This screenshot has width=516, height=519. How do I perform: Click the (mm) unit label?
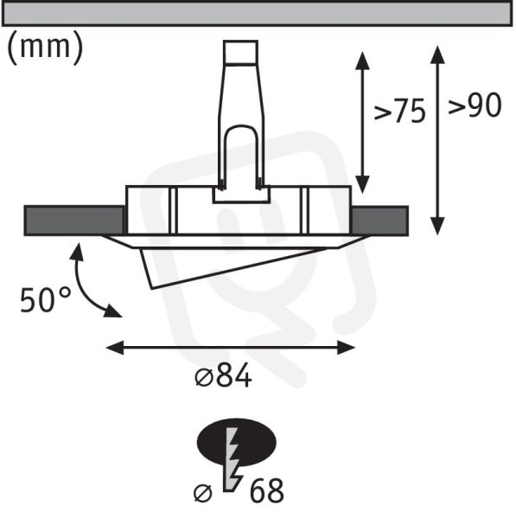point(45,48)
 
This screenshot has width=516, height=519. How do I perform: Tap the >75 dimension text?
point(399,112)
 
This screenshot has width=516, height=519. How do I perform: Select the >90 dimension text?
point(475,105)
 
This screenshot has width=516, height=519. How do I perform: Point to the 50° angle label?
point(45,299)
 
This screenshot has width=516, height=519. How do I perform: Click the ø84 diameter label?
point(223,376)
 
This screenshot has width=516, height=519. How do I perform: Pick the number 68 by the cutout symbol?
point(266,491)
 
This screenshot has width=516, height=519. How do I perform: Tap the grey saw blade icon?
point(233,460)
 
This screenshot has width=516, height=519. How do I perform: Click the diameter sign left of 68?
point(203,494)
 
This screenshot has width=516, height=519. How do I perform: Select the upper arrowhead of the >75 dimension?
point(362,61)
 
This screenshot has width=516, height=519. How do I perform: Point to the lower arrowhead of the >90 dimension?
point(437,226)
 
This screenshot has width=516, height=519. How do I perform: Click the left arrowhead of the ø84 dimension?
point(114,348)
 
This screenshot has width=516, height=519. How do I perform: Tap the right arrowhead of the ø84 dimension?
point(347,348)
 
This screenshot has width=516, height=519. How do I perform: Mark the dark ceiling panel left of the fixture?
point(74,221)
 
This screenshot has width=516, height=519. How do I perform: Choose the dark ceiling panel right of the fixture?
point(379,221)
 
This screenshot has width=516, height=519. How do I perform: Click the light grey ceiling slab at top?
point(257,13)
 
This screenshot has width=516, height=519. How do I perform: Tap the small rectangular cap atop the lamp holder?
point(240,52)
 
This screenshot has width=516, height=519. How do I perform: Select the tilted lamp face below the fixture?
point(228,266)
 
